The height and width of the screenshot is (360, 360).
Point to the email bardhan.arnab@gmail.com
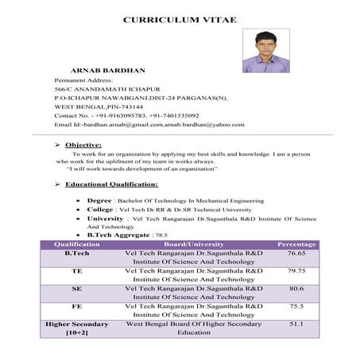pos(123,125)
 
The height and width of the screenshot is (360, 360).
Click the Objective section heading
pos(83,145)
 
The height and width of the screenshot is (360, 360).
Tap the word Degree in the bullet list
pos(99,201)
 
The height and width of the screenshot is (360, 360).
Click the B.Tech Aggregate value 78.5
pos(161,236)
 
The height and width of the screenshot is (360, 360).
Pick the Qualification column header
pos(76,244)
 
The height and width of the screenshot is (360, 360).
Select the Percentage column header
pos(296,244)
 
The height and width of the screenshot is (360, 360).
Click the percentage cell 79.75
pos(296,271)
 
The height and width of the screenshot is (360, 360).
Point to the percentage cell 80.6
pos(296,288)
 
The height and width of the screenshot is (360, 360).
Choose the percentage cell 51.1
pos(296,324)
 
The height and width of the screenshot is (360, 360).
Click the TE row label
pos(77,271)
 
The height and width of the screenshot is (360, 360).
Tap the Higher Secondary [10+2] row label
pos(77,329)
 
